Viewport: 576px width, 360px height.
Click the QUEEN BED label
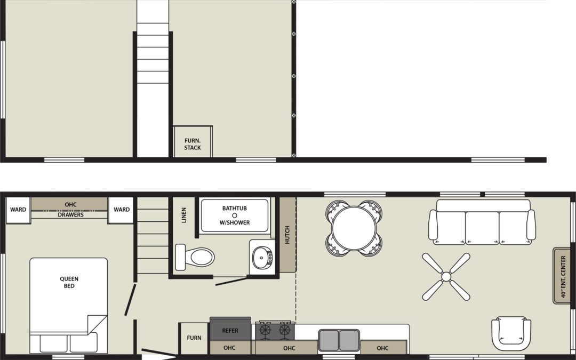(69, 282)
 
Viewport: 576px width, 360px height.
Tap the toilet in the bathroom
(195, 257)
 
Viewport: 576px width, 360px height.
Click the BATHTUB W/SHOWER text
(234, 215)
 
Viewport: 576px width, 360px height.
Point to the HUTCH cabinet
(287, 235)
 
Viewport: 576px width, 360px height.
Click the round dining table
(354, 228)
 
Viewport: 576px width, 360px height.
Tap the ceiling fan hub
(446, 277)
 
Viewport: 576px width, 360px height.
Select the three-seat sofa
(482, 222)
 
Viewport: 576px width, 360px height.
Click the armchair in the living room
(511, 333)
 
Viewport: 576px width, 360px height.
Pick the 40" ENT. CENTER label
(563, 276)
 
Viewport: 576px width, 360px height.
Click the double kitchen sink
(339, 340)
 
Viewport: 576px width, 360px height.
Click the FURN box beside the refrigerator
(194, 338)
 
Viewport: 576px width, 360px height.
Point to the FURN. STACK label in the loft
(193, 144)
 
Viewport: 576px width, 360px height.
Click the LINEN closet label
(183, 215)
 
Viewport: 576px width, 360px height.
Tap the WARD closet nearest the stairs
(121, 210)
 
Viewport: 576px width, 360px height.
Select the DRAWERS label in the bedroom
(70, 214)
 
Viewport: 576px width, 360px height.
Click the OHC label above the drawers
(70, 205)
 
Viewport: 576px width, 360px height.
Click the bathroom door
(232, 281)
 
